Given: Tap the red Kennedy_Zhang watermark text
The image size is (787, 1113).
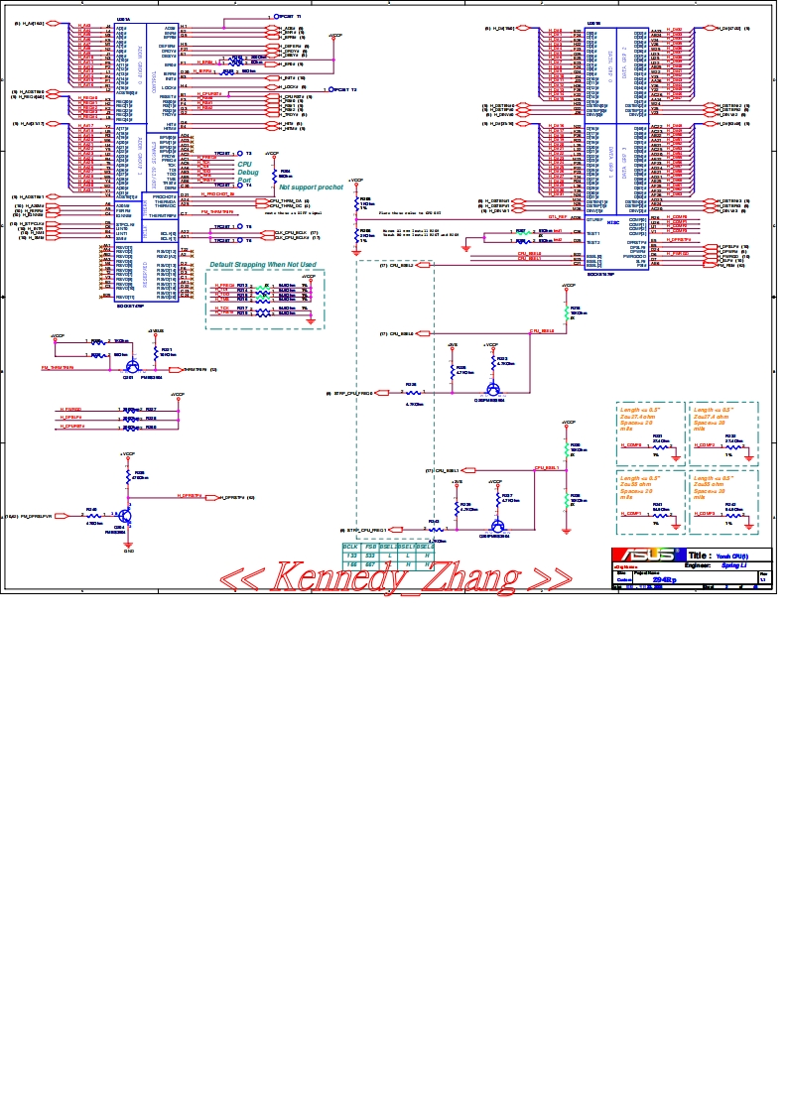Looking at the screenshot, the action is [x=394, y=576].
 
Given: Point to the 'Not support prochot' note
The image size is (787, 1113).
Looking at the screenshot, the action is [x=311, y=186].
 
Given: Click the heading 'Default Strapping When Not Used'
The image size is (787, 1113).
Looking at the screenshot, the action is [x=262, y=265].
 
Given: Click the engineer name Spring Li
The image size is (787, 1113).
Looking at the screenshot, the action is [x=731, y=564].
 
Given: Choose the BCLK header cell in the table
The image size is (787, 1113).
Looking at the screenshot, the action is [x=350, y=546].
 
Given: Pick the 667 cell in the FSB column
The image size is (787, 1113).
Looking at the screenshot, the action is [x=370, y=563].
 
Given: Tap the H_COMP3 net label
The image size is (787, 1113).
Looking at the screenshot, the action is [x=705, y=513].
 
